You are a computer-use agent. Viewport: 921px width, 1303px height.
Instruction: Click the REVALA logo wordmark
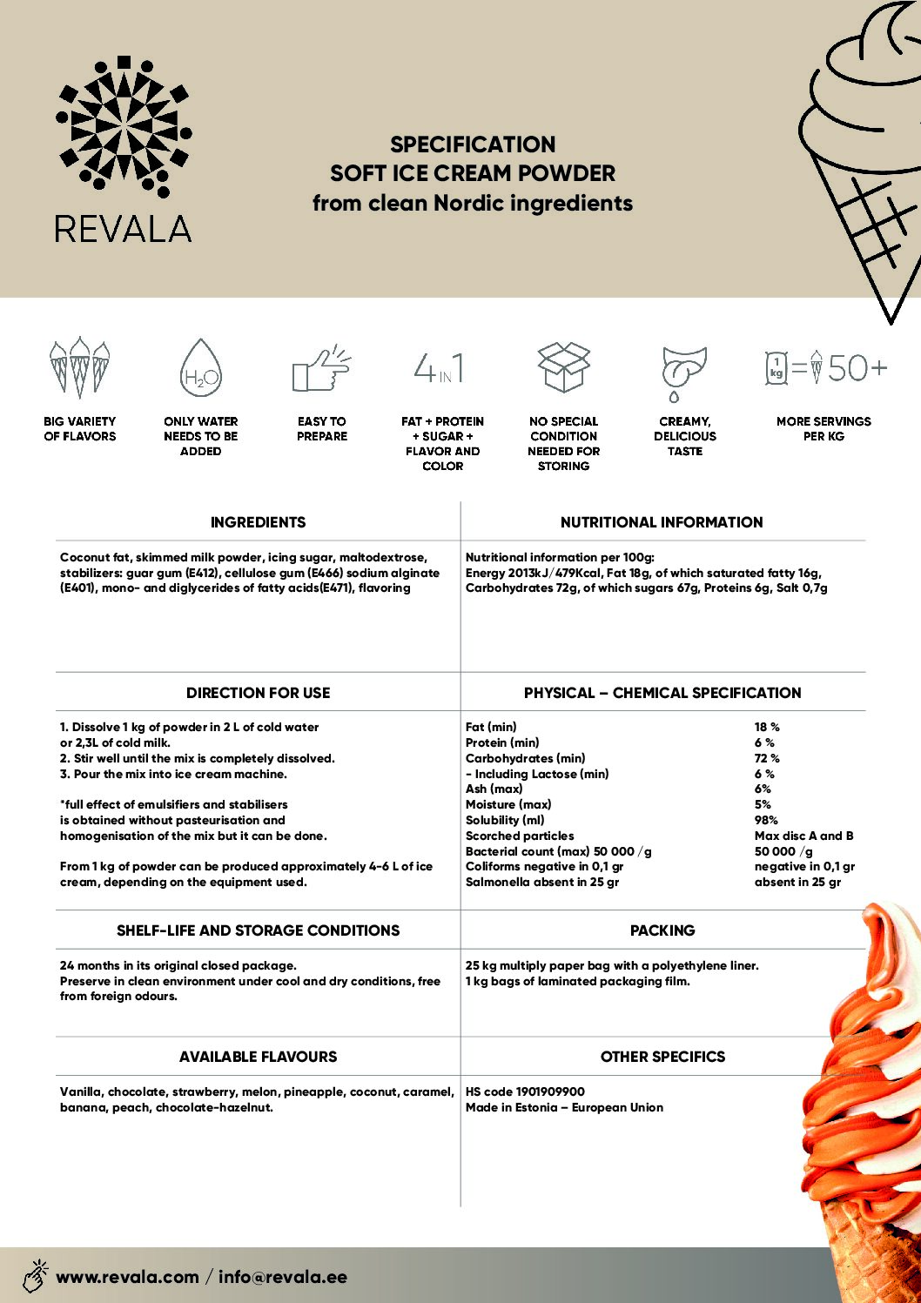[123, 229]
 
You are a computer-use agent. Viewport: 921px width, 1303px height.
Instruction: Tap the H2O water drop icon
[200, 369]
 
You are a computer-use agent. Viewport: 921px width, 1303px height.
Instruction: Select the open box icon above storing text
[563, 366]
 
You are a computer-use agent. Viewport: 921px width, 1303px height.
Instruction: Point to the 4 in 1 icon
[440, 368]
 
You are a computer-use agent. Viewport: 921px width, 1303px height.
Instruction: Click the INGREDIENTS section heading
[258, 522]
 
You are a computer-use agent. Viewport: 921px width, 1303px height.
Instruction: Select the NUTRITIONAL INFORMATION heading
[662, 522]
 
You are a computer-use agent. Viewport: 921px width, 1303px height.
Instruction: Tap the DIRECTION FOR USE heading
[258, 693]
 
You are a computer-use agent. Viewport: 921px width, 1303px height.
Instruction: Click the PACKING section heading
[662, 930]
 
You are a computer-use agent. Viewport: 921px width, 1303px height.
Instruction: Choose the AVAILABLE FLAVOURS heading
[258, 1057]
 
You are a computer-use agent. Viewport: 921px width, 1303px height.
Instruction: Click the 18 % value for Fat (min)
[767, 727]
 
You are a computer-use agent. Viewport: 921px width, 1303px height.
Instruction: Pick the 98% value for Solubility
[766, 820]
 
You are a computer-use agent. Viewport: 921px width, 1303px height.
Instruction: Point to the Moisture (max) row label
[508, 804]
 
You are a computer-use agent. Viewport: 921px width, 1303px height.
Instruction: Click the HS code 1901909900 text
[525, 1091]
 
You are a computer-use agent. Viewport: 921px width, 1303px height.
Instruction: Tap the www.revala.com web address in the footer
[127, 1277]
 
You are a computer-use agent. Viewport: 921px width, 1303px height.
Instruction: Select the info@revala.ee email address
[283, 1277]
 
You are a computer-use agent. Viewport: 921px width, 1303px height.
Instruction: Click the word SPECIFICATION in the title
[473, 144]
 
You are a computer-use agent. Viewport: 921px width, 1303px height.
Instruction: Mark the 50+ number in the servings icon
[857, 368]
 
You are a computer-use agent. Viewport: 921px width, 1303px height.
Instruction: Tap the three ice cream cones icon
[79, 366]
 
